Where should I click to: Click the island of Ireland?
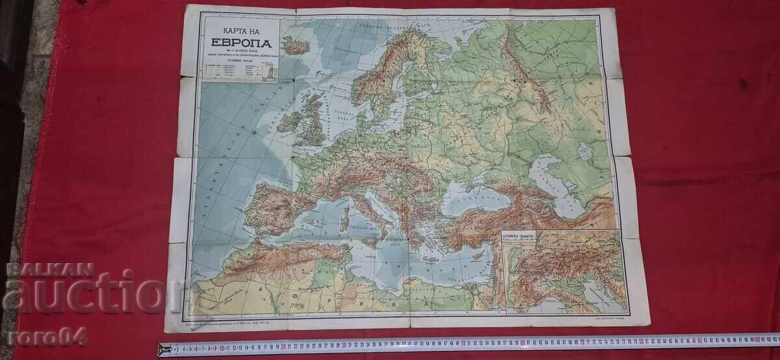[290, 122]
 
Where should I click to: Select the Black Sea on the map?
[475, 199]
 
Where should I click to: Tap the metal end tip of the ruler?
[162, 350]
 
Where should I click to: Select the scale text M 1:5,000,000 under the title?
[241, 51]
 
